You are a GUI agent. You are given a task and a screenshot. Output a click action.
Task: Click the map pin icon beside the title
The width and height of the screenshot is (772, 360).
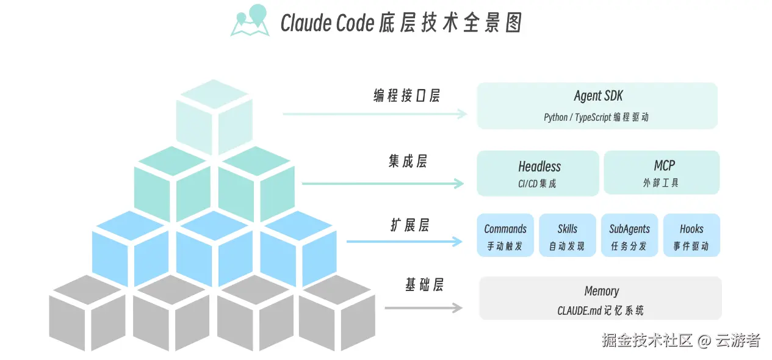250,21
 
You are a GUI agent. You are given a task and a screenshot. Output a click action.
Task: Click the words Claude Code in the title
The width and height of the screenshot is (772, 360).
327,23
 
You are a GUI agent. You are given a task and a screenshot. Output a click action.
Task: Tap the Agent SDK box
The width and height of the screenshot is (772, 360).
597,106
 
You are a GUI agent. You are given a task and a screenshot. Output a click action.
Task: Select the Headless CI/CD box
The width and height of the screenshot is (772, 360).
538,173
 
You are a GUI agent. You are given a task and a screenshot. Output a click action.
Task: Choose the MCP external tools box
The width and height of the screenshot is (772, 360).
662,173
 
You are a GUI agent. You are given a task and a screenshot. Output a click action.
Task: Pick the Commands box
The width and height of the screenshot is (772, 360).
505,235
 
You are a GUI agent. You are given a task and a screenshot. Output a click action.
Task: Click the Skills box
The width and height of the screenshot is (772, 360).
568,235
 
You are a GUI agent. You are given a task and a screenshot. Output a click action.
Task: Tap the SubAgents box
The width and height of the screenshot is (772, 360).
629,235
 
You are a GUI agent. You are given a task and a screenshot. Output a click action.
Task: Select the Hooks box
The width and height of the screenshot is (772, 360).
691,235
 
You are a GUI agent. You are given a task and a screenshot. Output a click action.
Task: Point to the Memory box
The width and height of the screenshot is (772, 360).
601,298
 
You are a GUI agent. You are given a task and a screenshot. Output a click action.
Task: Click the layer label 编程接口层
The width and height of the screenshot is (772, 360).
406,96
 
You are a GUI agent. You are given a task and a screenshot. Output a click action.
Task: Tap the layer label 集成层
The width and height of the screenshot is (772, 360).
408,161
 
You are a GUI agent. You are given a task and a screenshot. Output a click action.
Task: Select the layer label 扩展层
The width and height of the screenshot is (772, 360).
409,225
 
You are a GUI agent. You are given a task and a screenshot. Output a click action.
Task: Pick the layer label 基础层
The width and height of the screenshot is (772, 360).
424,285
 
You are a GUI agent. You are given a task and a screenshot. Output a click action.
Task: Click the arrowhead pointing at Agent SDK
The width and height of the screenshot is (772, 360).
462,113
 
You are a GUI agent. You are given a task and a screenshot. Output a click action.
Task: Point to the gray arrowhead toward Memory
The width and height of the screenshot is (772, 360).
457,308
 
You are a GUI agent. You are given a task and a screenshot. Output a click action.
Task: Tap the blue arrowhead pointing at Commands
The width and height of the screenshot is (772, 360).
457,241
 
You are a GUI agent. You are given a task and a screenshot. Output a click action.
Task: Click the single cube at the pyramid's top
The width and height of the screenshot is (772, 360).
214,117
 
